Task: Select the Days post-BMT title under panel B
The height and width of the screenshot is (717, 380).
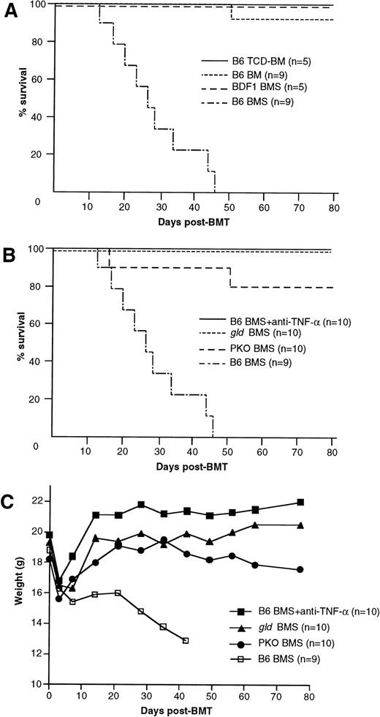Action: (192, 468)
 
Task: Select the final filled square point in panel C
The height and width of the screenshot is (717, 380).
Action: (300, 502)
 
